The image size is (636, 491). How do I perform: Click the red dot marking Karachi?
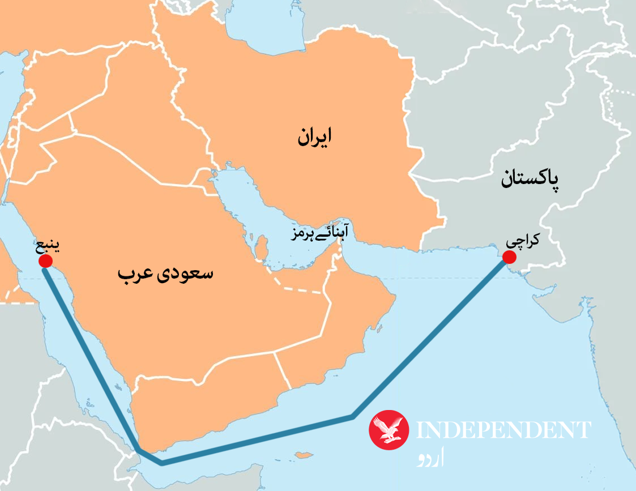pyautogui.click(x=509, y=257)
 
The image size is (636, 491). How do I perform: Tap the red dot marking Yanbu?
pyautogui.click(x=45, y=261)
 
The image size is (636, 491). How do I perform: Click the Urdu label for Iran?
pyautogui.click(x=314, y=138)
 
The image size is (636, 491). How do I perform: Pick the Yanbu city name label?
pyautogui.click(x=48, y=247)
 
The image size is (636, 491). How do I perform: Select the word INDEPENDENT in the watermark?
pyautogui.click(x=503, y=430)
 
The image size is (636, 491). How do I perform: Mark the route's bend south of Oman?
pyautogui.click(x=352, y=417)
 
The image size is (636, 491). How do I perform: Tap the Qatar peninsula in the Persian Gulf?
pyautogui.click(x=263, y=247)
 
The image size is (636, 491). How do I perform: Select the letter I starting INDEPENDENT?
pyautogui.click(x=420, y=430)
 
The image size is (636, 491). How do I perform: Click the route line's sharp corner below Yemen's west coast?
pyautogui.click(x=139, y=450)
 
